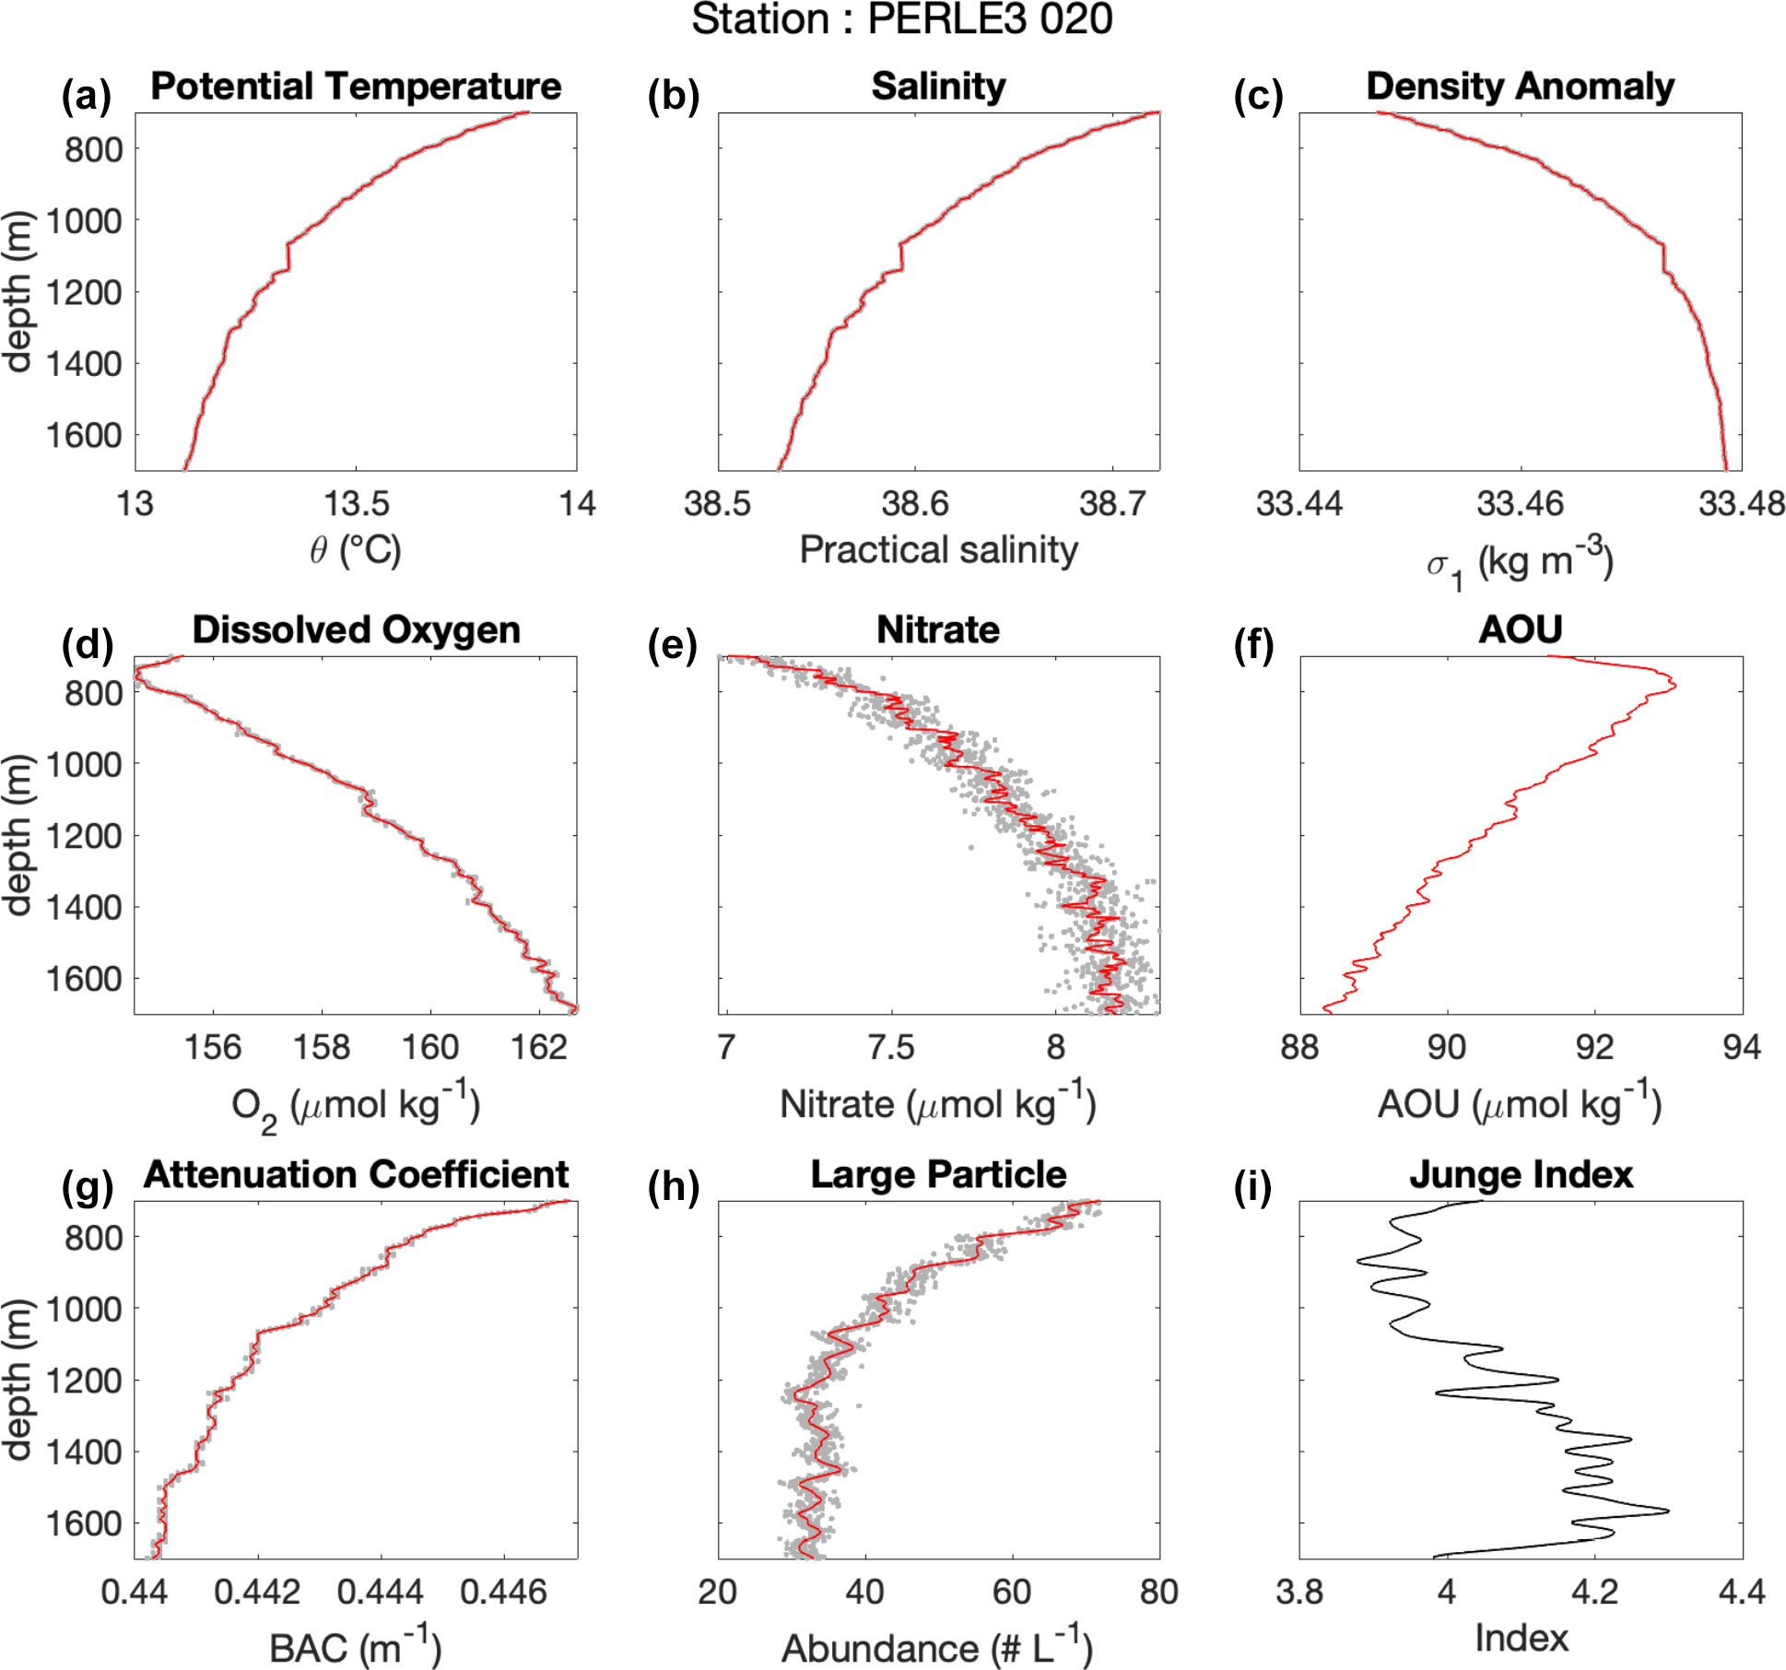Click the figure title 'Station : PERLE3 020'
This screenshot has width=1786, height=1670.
pos(901,20)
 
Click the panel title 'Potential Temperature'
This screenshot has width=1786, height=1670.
pos(356,87)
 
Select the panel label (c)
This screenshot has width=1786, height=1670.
pos(1258,96)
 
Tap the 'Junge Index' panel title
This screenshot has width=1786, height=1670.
pos(1521,1175)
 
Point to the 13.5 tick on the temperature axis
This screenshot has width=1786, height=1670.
pos(356,504)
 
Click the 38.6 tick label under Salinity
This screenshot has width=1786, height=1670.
pos(914,504)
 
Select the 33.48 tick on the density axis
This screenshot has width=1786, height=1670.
pos(1741,504)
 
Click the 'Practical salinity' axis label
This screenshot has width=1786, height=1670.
pos(938,550)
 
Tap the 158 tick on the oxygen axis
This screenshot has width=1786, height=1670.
pos(322,1048)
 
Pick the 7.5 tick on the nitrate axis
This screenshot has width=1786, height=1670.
pos(891,1048)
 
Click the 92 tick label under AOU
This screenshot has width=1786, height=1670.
pos(1594,1048)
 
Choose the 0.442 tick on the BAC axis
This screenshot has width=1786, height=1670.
pos(257,1592)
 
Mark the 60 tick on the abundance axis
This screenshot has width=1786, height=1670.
pos(1012,1592)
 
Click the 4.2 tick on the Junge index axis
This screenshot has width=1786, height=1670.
pos(1594,1592)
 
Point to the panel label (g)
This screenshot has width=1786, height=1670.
pos(87,1187)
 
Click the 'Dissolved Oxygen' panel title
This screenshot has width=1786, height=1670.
pos(356,630)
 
